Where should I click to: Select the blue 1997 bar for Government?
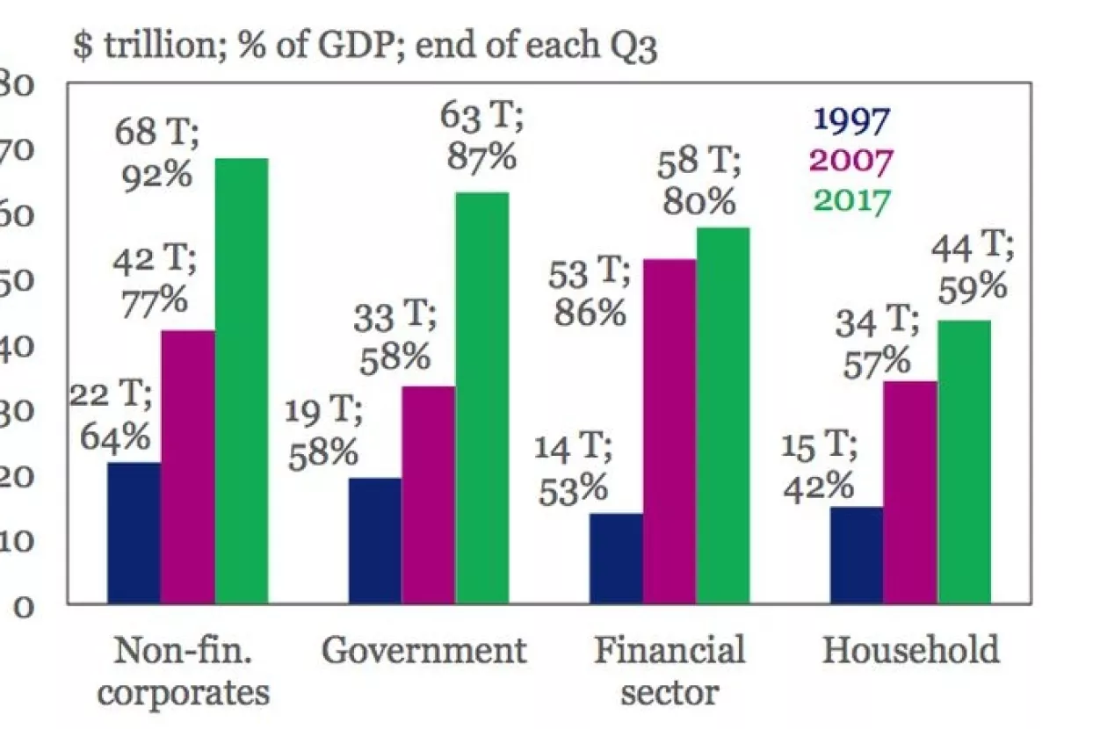tap(375, 540)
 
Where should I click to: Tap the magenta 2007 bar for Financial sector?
tap(670, 431)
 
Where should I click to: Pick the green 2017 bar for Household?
tap(964, 461)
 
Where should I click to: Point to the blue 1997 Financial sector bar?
tap(616, 558)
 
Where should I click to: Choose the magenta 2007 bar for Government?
tap(429, 494)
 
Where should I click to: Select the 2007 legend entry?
tap(851, 160)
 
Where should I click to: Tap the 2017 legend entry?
tap(851, 199)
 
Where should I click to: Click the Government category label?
tap(424, 652)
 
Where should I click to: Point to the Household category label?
tap(911, 652)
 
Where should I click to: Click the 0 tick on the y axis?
tap(21, 606)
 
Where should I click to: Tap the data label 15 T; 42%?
tap(818, 466)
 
